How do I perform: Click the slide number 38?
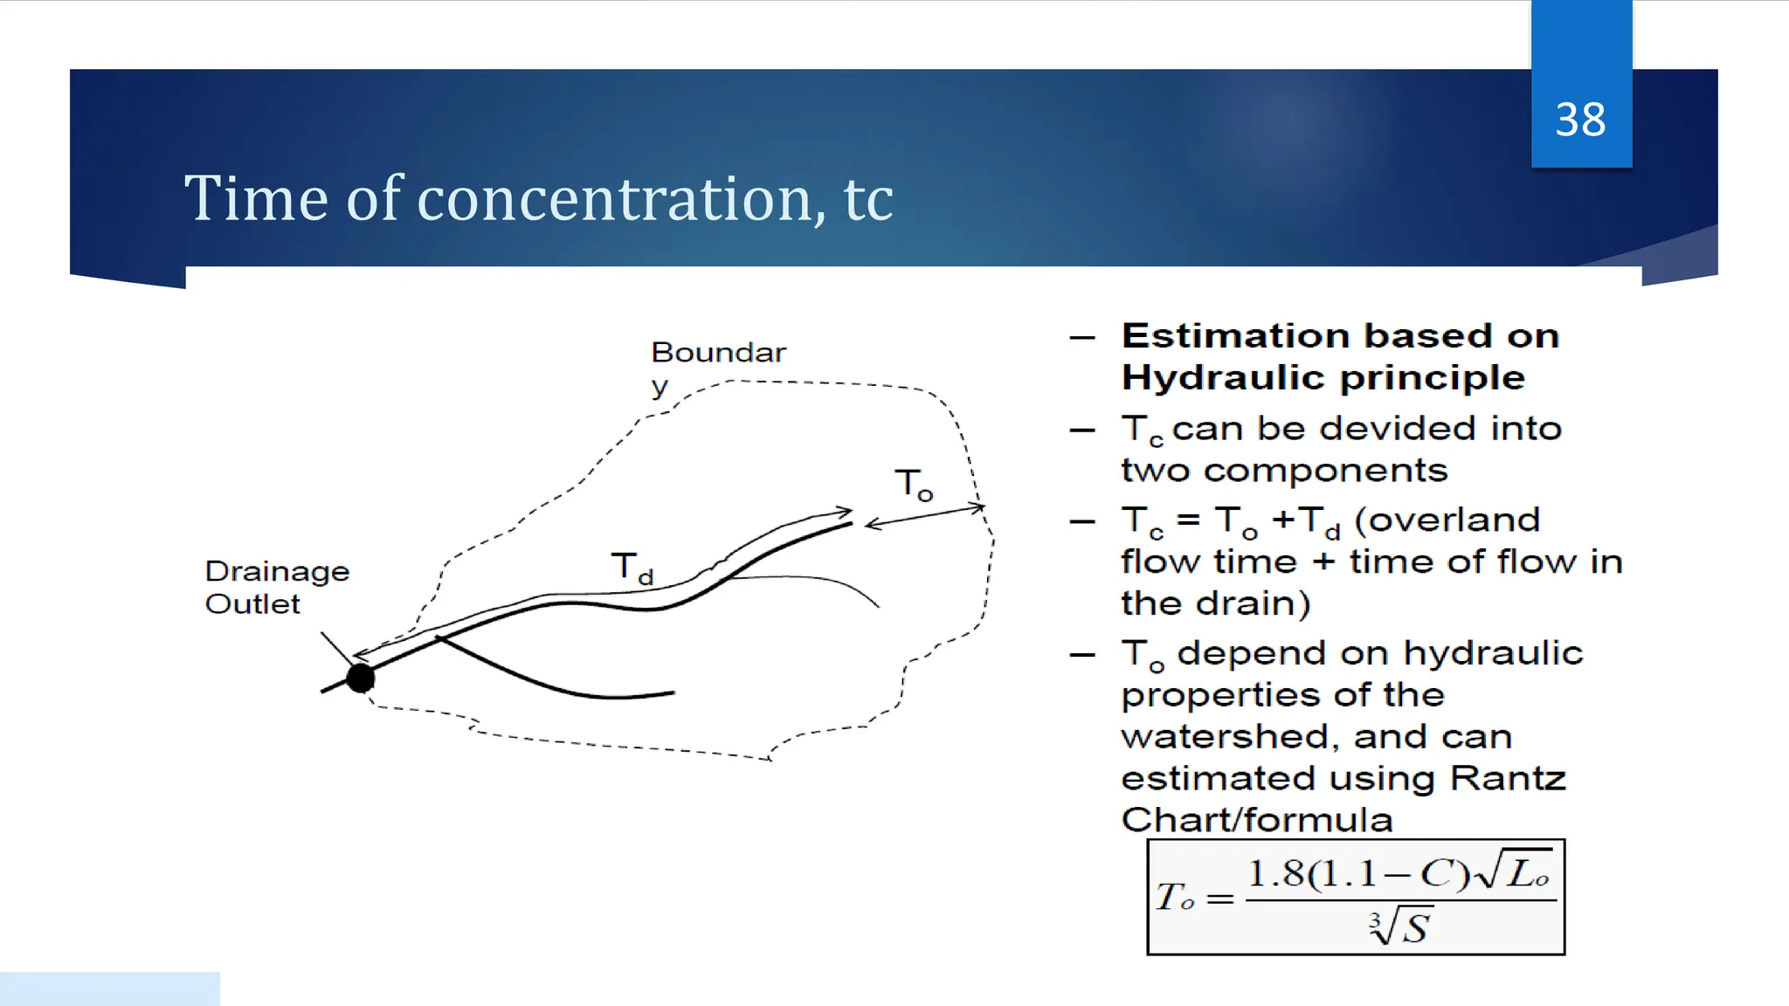point(1580,120)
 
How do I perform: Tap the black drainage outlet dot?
point(360,678)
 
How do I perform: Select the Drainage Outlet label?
point(276,588)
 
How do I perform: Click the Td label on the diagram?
point(631,568)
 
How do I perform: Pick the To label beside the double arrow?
point(913,485)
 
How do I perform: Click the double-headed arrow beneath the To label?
point(924,515)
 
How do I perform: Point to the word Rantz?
point(1508,778)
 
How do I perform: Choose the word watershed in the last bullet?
point(1228,737)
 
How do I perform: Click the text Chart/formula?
point(1256,820)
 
